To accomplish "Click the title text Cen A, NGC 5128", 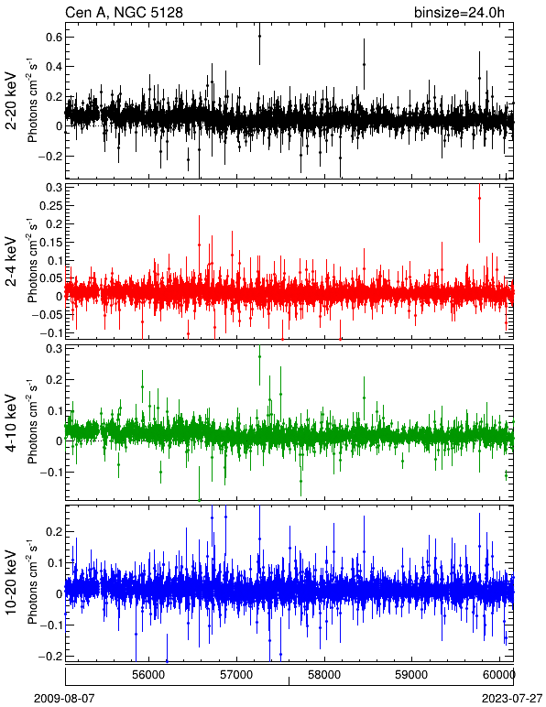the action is point(124,12).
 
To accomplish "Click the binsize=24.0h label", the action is point(459,12).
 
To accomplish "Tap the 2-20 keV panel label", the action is point(11,101).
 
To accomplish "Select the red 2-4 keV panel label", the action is point(11,262).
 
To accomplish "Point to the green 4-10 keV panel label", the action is point(11,423).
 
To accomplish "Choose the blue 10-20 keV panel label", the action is point(11,582).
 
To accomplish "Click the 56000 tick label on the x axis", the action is point(149,675).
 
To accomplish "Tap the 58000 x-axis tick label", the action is point(324,675).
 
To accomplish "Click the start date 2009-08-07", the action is point(65,699).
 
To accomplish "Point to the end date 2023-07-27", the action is point(512,699).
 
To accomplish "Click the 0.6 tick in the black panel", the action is point(54,37).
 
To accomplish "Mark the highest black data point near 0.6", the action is point(259,36).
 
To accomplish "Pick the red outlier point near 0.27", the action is point(479,198).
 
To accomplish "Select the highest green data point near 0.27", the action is point(259,356).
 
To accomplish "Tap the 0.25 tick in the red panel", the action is point(50,206).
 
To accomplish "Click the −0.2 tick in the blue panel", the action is point(50,656).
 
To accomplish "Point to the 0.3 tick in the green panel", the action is point(54,349).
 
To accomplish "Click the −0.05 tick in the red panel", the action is point(48,315).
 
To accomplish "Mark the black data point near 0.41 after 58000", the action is point(364,64).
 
